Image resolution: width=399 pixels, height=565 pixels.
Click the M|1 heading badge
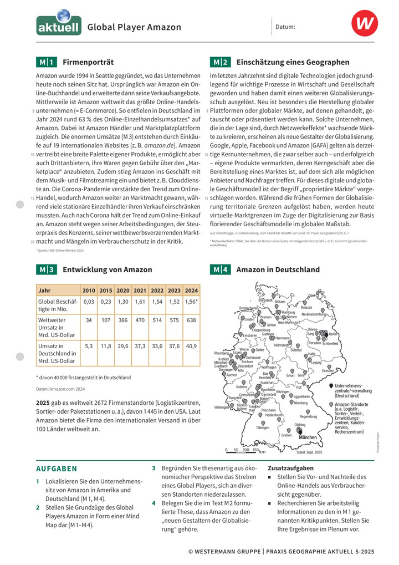46,62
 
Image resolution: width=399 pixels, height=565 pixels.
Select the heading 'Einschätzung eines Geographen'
293,62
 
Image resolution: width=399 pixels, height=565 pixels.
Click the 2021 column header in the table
140,291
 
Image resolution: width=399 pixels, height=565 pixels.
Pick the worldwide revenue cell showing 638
192,320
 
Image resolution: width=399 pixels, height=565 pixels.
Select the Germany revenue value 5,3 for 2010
89,346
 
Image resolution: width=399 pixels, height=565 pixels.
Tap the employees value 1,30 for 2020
123,302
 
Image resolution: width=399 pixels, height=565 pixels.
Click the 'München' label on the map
308,437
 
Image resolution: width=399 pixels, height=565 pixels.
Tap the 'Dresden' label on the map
328,371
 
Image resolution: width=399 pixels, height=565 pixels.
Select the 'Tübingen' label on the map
263,428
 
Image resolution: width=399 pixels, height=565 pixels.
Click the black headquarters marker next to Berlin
326,335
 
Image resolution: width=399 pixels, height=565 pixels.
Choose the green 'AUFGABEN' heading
56,469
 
